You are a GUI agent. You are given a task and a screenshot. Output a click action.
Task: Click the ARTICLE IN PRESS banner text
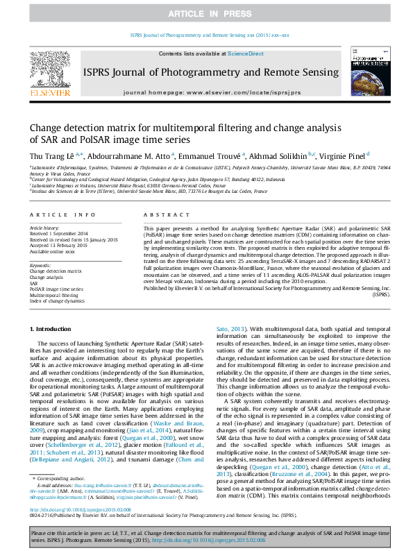pyautogui.click(x=206, y=14)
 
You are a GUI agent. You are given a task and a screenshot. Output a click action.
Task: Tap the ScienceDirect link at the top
pyautogui.click(x=246, y=53)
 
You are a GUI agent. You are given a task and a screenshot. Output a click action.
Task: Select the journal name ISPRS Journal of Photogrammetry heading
pyautogui.click(x=211, y=72)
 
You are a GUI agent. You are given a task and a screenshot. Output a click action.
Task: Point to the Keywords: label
pyautogui.click(x=40, y=265)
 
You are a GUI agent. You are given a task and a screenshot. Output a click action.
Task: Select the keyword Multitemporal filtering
pyautogui.click(x=54, y=294)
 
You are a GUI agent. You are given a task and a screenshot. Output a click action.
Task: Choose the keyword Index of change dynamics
pyautogui.click(x=57, y=300)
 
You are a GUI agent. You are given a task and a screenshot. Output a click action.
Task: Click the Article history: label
pyautogui.click(x=44, y=228)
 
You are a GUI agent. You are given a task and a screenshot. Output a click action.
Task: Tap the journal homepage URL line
pyautogui.click(x=211, y=92)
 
